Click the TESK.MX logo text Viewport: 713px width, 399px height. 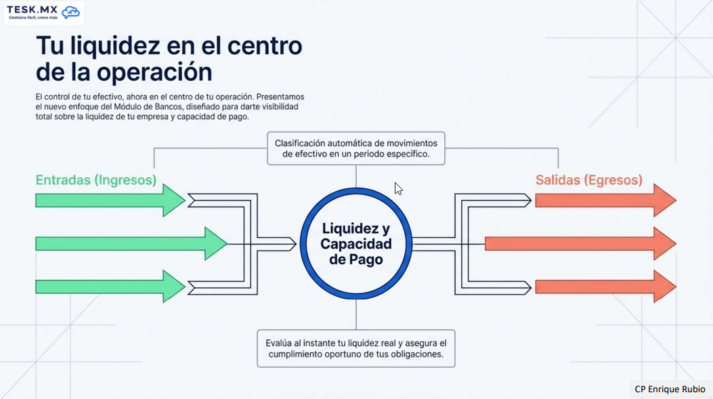click(x=32, y=9)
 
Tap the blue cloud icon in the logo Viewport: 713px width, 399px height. click(x=70, y=12)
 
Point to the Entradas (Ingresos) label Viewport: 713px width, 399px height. click(x=96, y=180)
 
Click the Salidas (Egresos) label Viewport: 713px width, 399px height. click(x=589, y=180)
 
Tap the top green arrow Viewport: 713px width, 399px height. click(x=110, y=201)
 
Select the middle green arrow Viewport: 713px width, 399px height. click(x=131, y=244)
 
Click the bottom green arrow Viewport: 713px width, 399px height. click(x=110, y=287)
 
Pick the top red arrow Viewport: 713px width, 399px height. click(x=606, y=201)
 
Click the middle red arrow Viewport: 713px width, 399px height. click(x=581, y=244)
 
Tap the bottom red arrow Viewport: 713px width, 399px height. click(x=606, y=287)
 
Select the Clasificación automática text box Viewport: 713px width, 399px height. click(x=356, y=148)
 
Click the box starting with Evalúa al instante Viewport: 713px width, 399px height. click(x=356, y=348)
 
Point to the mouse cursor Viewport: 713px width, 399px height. click(x=398, y=189)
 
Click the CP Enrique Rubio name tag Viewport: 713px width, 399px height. click(x=670, y=389)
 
